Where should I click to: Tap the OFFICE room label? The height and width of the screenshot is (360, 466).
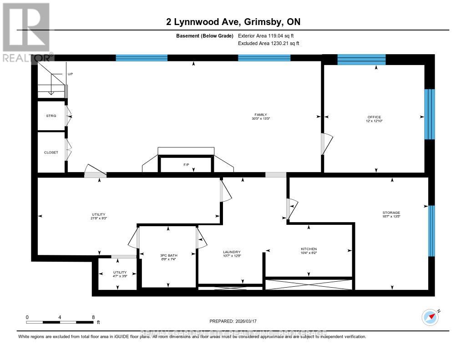pos(374,117)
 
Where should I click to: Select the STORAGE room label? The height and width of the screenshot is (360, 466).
pos(391,213)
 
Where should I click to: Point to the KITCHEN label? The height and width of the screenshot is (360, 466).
pos(309,249)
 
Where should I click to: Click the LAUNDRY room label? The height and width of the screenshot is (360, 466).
pos(231,252)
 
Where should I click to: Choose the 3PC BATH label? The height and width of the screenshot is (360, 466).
pos(168,254)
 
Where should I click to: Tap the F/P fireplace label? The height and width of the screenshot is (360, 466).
pos(186,164)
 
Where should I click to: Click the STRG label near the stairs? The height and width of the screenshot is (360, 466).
pos(51,116)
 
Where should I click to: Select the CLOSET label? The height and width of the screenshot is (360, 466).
pos(51,152)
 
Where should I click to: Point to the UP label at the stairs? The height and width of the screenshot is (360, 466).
pos(70,74)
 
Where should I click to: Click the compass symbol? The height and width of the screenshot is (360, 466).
pos(430,317)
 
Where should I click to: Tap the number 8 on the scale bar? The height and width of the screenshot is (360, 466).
pos(93,317)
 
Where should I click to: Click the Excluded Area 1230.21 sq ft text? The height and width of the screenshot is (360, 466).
pos(268,44)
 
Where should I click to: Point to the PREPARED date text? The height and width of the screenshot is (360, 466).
pos(233,321)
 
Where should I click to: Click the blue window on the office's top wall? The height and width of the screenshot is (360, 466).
pos(361,60)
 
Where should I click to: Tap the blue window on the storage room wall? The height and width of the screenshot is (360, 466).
pos(431,230)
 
